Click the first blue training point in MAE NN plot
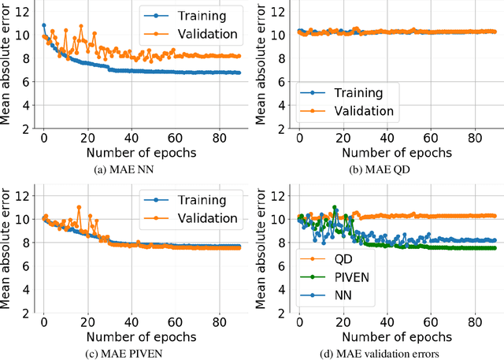[x=44, y=26]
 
